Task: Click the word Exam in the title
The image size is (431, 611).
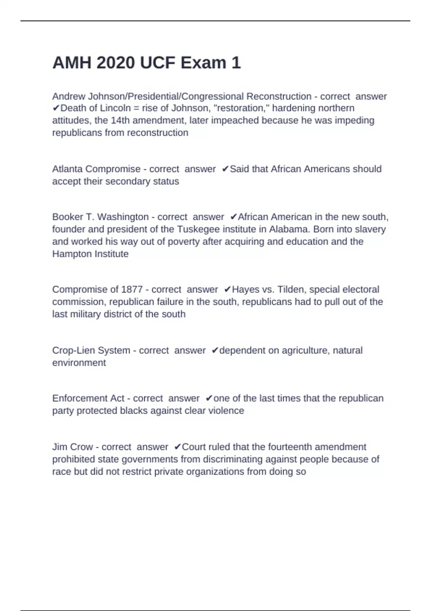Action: [203, 63]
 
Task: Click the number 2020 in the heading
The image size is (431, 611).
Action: [116, 63]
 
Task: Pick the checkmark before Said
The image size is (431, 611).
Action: [226, 169]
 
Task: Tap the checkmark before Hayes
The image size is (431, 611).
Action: [227, 290]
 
